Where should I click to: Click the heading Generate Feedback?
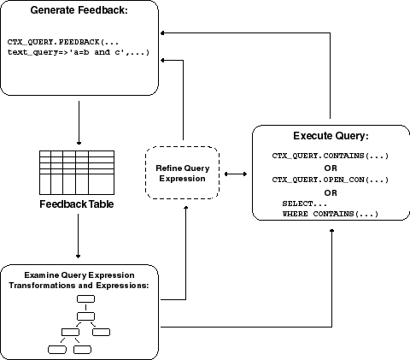pyautogui.click(x=79, y=10)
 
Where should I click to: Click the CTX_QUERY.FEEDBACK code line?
pyautogui.click(x=63, y=42)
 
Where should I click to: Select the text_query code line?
pyautogui.click(x=79, y=52)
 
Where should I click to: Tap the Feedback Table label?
pyautogui.click(x=77, y=204)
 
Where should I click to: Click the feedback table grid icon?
pyautogui.click(x=77, y=173)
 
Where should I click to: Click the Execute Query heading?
pyautogui.click(x=331, y=136)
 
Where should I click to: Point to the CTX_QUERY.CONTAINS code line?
pyautogui.click(x=331, y=156)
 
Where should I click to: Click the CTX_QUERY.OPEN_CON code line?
pyautogui.click(x=331, y=180)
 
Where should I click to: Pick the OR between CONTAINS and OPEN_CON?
pyautogui.click(x=331, y=168)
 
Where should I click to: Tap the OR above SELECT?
pyautogui.click(x=331, y=193)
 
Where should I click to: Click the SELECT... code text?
pyautogui.click(x=305, y=204)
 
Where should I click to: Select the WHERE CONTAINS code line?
pyautogui.click(x=331, y=214)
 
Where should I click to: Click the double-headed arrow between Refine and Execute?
pyautogui.click(x=236, y=174)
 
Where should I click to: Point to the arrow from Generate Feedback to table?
pyautogui.click(x=79, y=123)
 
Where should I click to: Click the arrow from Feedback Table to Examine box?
pyautogui.click(x=78, y=236)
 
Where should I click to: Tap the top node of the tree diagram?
pyautogui.click(x=85, y=299)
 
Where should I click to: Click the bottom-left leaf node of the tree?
pyautogui.click(x=57, y=350)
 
